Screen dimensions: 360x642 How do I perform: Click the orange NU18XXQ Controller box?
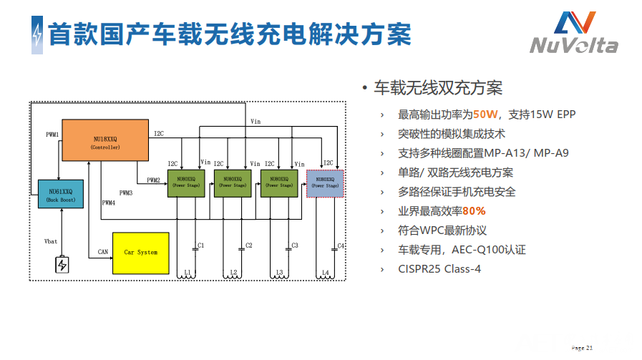point(105,141)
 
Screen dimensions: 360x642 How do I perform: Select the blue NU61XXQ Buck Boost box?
point(61,194)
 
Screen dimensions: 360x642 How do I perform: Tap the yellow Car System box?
point(140,253)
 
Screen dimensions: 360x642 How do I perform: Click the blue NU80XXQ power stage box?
point(325,183)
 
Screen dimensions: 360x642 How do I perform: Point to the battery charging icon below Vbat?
point(62,265)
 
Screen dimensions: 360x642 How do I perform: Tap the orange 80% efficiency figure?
point(474,211)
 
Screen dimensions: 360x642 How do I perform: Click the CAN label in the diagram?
point(103,252)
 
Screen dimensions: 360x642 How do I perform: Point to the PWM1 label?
point(52,134)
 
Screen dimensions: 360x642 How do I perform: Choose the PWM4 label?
point(108,203)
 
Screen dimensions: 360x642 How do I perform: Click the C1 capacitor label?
point(201,245)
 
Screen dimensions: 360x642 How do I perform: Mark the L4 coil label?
point(326,273)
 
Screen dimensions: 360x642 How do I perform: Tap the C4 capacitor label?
point(341,245)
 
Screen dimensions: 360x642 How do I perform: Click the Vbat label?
point(50,241)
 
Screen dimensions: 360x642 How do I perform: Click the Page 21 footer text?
point(583,348)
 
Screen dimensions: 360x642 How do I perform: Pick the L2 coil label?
point(233,273)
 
